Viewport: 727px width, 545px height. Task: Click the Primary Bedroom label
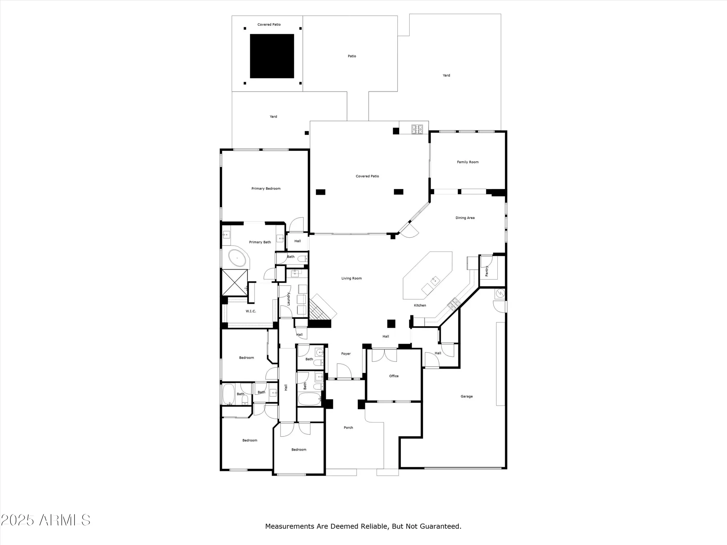click(x=266, y=189)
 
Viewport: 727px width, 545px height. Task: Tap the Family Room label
click(x=467, y=162)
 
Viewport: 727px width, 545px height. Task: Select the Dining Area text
click(x=465, y=218)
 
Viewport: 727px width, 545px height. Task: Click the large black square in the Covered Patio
click(x=272, y=56)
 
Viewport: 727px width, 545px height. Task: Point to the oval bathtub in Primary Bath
click(x=237, y=259)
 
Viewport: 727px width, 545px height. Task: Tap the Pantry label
click(x=487, y=271)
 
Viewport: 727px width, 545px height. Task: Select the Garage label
click(x=466, y=396)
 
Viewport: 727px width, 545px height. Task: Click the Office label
click(x=394, y=376)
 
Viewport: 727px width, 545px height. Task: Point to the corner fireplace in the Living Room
click(x=322, y=308)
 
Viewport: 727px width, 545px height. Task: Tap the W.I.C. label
click(x=251, y=311)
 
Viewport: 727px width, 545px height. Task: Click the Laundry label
click(x=289, y=299)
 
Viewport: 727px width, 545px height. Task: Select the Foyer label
click(x=346, y=354)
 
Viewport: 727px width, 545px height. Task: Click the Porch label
click(x=348, y=428)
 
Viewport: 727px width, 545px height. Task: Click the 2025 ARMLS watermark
click(x=45, y=520)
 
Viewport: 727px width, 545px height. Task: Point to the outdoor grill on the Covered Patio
click(x=417, y=129)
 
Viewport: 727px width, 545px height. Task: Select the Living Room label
click(x=351, y=278)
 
